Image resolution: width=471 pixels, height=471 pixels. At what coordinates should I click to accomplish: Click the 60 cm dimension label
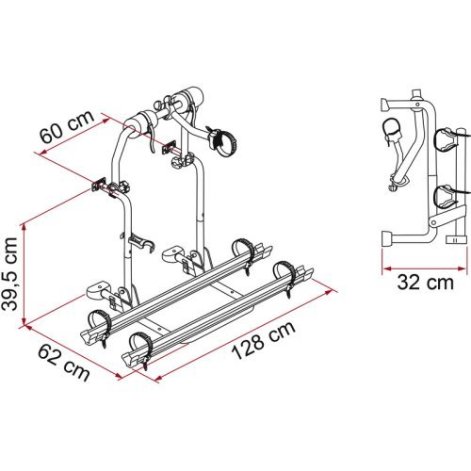click(67, 133)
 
